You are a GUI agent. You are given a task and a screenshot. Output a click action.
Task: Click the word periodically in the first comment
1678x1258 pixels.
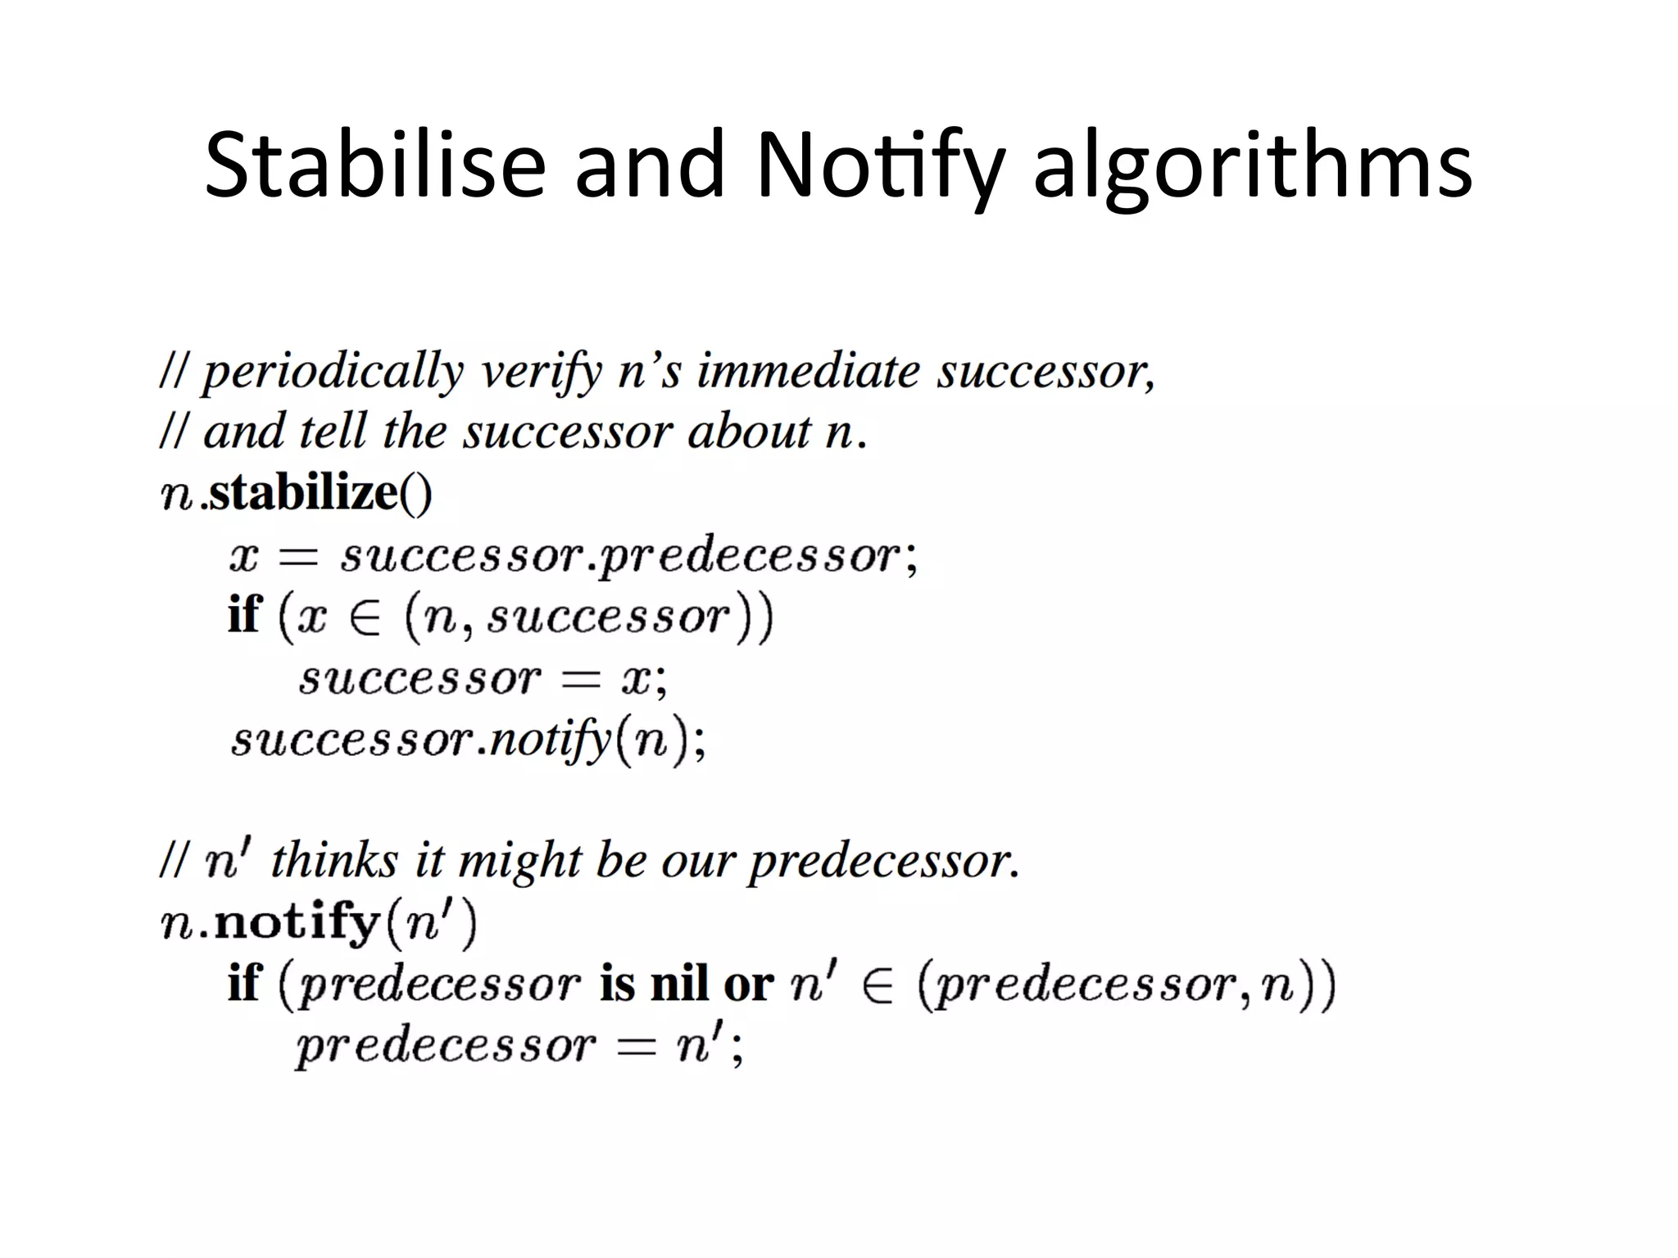[x=333, y=373]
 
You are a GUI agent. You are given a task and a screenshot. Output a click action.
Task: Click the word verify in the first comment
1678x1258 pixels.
[x=541, y=373]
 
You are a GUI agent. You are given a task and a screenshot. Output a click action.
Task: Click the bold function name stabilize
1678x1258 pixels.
[x=303, y=493]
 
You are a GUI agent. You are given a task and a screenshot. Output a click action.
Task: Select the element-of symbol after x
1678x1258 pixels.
[x=365, y=618]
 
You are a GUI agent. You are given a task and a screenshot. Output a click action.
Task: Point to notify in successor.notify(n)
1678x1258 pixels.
[x=551, y=741]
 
